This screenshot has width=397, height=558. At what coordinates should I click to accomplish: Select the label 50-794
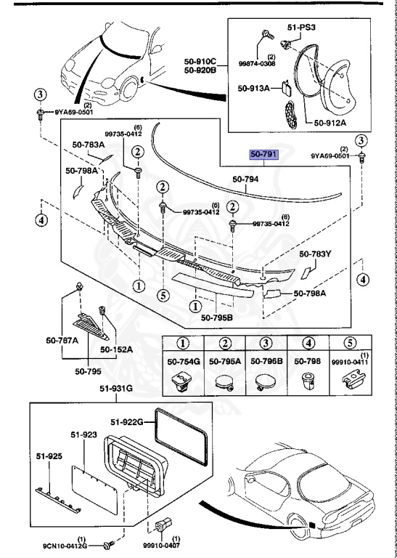[246, 179]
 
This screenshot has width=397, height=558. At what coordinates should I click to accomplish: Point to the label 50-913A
[253, 89]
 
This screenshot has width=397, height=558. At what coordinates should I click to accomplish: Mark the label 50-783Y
[316, 254]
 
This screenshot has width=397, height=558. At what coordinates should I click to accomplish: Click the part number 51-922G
[128, 421]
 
